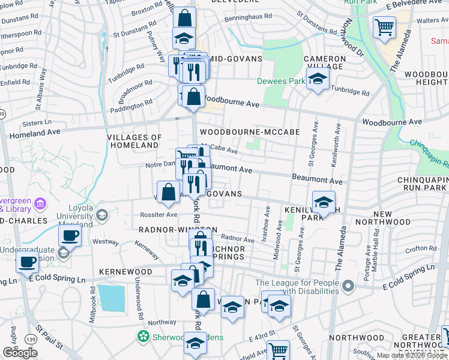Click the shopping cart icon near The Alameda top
pyautogui.click(x=384, y=27)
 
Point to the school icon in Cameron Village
pyautogui.click(x=318, y=79)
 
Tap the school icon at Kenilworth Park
pyautogui.click(x=324, y=203)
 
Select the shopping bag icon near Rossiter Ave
pyautogui.click(x=170, y=192)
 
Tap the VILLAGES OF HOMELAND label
pyautogui.click(x=134, y=141)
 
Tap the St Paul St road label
pyautogui.click(x=49, y=337)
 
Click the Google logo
pyautogui.click(x=20, y=353)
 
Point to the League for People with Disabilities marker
pyautogui.click(x=348, y=287)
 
